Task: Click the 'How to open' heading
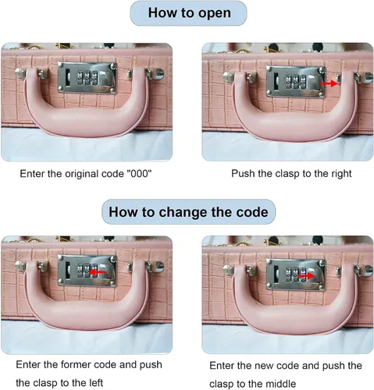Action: pos(189,12)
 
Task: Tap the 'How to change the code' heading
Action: pos(188,212)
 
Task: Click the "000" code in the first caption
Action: pos(138,173)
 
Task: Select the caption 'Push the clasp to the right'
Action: pos(291,173)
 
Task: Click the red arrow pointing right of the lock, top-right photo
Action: pos(329,83)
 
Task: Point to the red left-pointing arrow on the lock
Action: pos(97,272)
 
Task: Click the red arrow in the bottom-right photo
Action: pos(305,275)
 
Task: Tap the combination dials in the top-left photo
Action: pos(87,78)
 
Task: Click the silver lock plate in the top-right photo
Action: pos(296,82)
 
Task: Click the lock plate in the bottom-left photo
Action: pos(87,271)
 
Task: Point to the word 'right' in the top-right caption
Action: pos(341,173)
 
